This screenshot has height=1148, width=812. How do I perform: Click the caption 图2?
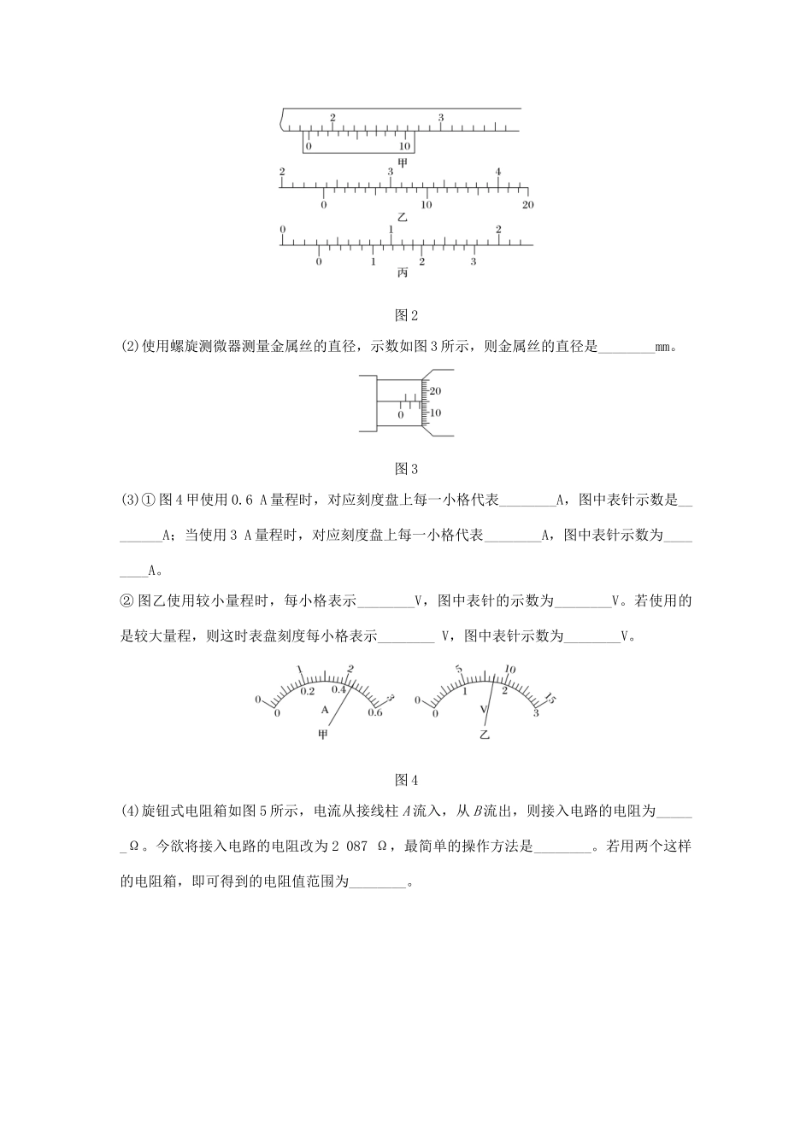(x=406, y=316)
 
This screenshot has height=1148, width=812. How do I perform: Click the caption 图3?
(x=406, y=469)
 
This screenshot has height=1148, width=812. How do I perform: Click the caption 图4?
(x=406, y=779)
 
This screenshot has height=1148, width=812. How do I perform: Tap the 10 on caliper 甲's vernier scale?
(x=404, y=146)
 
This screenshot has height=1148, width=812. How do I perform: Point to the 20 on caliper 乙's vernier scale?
(x=527, y=205)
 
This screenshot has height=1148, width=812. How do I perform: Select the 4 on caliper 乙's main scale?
(x=498, y=172)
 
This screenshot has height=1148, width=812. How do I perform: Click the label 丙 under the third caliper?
(x=403, y=273)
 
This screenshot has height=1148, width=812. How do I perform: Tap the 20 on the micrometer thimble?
(x=436, y=391)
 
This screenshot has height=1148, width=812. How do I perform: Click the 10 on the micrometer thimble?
(x=436, y=413)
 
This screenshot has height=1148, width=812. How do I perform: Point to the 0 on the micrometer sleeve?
(x=400, y=415)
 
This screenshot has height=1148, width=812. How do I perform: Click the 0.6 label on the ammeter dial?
(x=374, y=713)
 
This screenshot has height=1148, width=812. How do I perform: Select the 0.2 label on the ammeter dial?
(x=307, y=691)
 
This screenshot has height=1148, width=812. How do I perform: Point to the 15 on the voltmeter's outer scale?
(x=550, y=700)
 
